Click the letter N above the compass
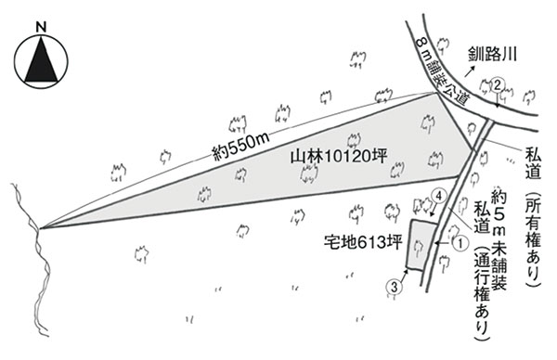tap(42, 27)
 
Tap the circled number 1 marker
tap(460, 243)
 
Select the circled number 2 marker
tap(498, 84)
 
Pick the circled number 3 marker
tap(395, 287)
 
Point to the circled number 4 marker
tap(439, 196)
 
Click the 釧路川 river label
tap(492, 55)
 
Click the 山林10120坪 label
tap(339, 156)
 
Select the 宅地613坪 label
tap(363, 243)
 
